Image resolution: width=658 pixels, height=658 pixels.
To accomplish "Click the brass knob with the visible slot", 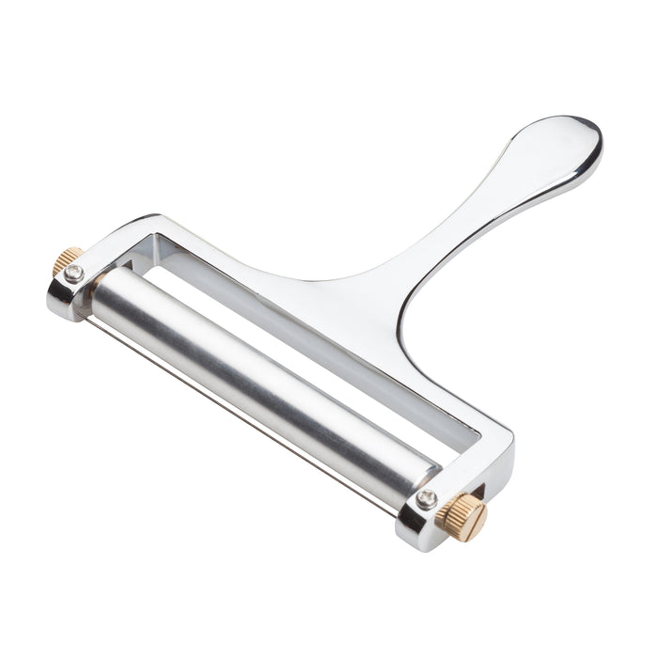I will [463, 516].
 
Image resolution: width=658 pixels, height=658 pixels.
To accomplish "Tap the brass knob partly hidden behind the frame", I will [68, 261].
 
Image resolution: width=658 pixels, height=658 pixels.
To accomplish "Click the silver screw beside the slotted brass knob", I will [428, 499].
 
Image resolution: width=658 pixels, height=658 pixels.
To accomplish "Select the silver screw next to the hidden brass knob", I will [74, 274].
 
